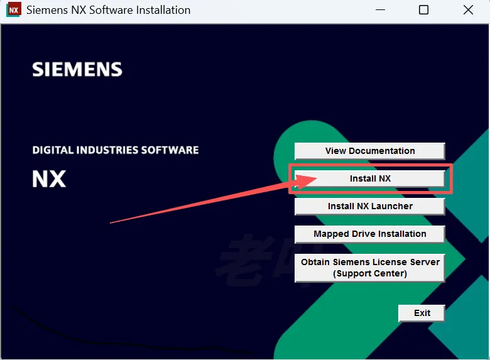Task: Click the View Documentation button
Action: pos(369,151)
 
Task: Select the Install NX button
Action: pos(369,178)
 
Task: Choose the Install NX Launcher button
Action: pos(369,206)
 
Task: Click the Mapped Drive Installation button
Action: pos(369,234)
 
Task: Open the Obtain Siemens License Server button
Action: pos(369,268)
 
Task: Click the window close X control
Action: pos(468,10)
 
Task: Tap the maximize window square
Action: pos(423,10)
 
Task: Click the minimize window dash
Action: pos(379,10)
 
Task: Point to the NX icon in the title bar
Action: pos(13,10)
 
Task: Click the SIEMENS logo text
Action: pos(77,69)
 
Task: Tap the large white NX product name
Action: pos(49,179)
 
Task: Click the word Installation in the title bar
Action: pos(159,10)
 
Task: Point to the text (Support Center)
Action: pos(370,273)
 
